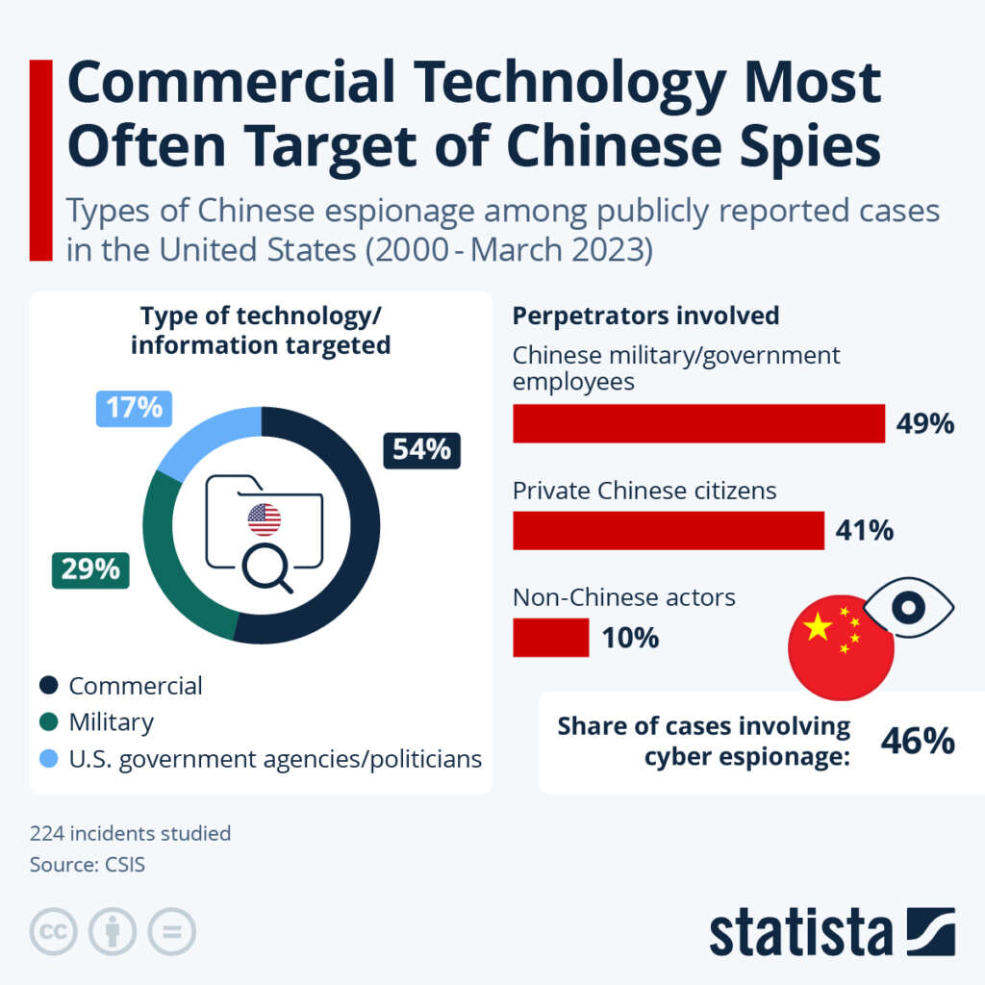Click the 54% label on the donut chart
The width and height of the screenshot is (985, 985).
421,449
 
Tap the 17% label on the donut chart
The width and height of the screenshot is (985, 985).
134,408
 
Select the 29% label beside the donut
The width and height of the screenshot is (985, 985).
90,569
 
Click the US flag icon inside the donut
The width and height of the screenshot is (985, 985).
264,519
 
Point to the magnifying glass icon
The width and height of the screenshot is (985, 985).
266,567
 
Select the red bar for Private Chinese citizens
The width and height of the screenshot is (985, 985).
668,530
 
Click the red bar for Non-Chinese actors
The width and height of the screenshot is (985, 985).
550,638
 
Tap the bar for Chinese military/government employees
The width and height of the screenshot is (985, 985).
698,423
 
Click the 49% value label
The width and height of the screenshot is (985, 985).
924,423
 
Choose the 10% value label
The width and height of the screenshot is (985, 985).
630,638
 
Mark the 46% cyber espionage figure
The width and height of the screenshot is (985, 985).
918,741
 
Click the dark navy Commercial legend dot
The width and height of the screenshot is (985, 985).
48,686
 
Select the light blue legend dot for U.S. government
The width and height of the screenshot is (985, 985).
48,759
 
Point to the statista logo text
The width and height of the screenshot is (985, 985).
801,932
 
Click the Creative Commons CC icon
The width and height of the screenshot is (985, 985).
54,932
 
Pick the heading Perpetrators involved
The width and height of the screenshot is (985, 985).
645,316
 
